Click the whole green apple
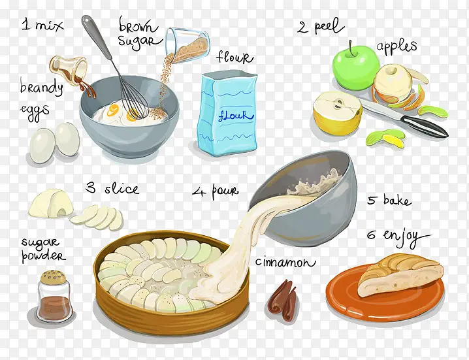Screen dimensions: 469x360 [355, 68]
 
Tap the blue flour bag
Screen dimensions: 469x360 [227, 113]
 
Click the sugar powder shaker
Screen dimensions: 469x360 [54, 296]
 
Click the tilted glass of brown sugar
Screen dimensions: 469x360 [187, 45]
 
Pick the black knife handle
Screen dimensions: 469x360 [424, 126]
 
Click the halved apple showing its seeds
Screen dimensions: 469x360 [338, 112]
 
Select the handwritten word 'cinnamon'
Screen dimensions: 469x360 [285, 262]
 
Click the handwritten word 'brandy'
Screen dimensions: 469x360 [41, 88]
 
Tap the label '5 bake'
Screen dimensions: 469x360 [389, 200]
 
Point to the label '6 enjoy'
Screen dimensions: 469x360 [398, 237]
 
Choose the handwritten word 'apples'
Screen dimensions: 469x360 [396, 46]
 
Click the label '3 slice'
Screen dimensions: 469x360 [112, 189]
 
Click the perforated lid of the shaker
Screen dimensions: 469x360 [54, 276]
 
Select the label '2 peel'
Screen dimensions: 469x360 [320, 26]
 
